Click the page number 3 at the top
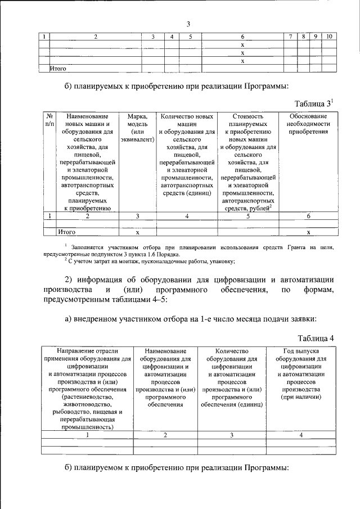[x=189, y=24]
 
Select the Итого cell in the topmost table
[x=58, y=69]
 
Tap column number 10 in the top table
[x=330, y=37]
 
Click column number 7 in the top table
[x=290, y=37]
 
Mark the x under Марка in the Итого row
[x=137, y=231]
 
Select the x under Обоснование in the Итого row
[x=307, y=231]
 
